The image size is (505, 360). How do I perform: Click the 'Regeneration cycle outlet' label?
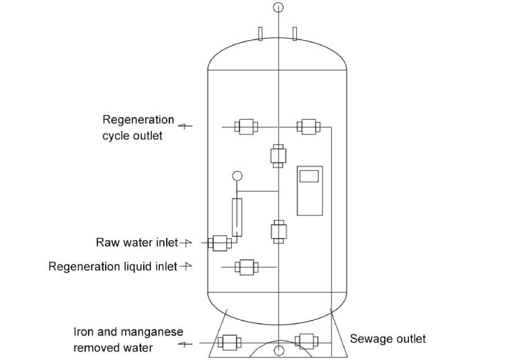138,127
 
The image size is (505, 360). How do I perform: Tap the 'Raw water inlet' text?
136,243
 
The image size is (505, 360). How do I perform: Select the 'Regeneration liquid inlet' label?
113,267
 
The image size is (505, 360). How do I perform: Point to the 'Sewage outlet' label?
387,339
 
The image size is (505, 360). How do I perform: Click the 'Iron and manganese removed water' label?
113,339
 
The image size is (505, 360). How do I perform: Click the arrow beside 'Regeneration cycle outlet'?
185,126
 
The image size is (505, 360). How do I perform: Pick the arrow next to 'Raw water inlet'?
185,243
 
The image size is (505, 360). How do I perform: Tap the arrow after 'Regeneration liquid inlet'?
185,267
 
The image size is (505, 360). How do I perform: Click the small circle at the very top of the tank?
277,8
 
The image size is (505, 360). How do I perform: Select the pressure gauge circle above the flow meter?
237,177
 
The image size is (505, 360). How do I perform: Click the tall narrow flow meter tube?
237,217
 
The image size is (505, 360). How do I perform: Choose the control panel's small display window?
309,176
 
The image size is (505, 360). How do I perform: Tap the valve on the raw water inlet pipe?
220,243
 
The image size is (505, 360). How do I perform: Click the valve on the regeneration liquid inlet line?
246,267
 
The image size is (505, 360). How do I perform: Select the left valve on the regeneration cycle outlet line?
246,127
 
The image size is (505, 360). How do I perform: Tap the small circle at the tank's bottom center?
277,350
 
